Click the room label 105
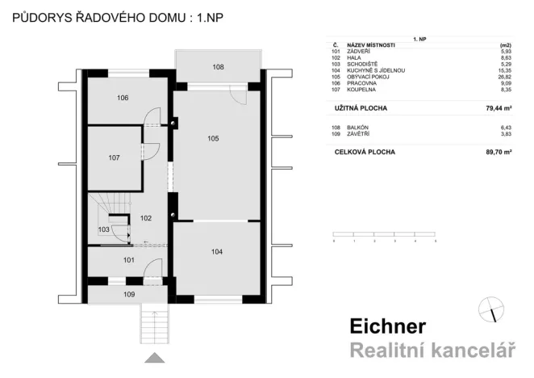tap(213, 139)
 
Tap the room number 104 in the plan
tap(216, 252)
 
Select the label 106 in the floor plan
tap(122, 98)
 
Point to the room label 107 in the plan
tap(114, 157)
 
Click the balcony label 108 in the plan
tap(219, 67)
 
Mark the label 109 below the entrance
tap(129, 295)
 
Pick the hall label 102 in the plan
tap(146, 218)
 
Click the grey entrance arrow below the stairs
tap(155, 358)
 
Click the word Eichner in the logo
tap(387, 327)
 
